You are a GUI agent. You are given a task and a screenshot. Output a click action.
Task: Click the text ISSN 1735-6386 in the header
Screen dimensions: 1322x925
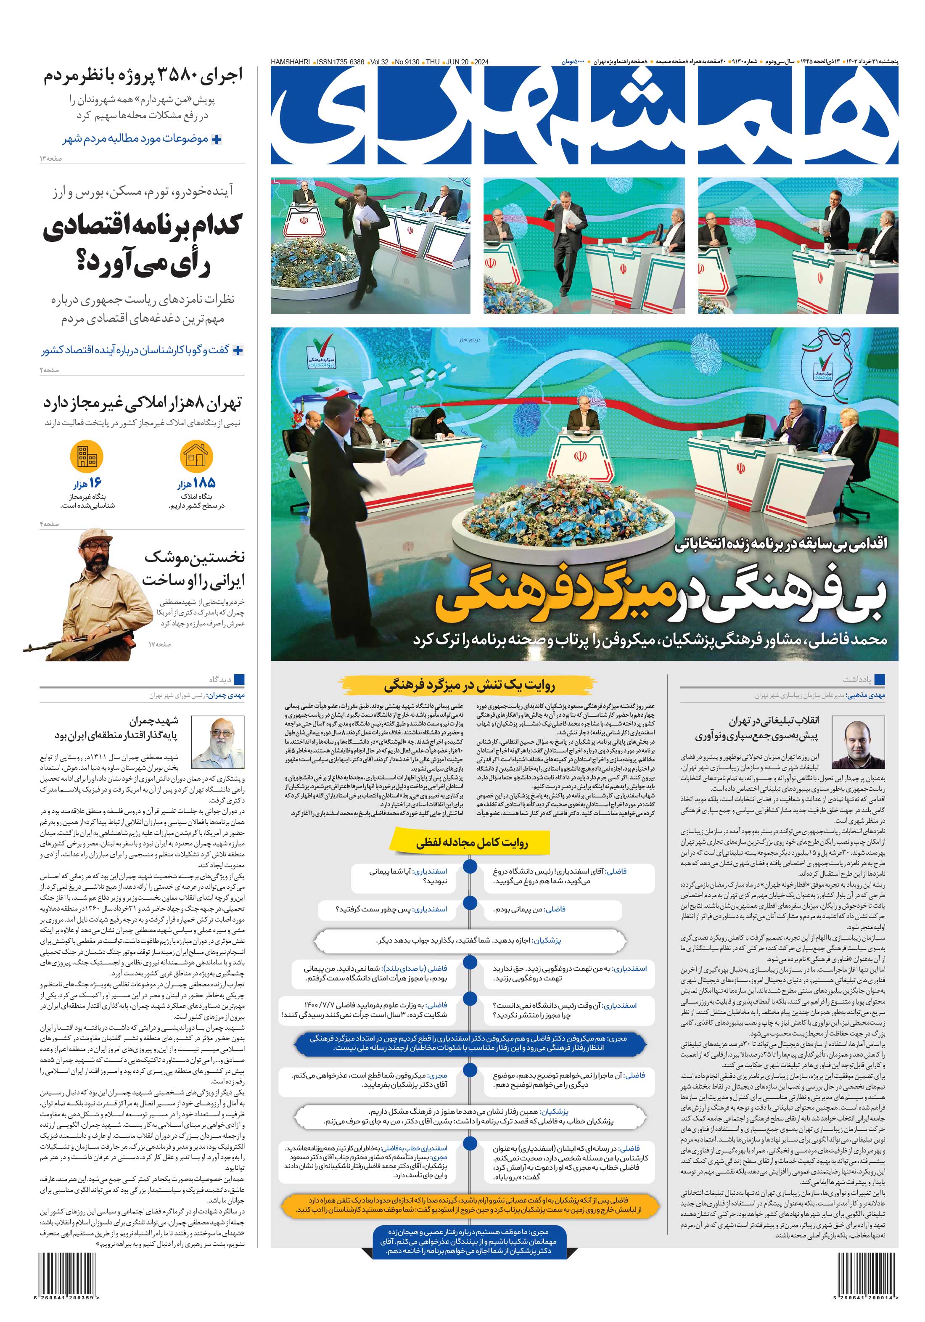341,61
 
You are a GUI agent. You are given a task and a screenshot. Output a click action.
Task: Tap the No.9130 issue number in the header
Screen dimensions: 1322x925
407,61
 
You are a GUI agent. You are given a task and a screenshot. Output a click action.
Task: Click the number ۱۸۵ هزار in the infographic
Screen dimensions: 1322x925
196,484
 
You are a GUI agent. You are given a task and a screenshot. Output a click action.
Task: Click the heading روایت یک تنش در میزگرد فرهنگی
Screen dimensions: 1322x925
469,685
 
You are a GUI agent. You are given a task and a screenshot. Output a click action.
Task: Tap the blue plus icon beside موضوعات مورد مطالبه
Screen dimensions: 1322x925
217,139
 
